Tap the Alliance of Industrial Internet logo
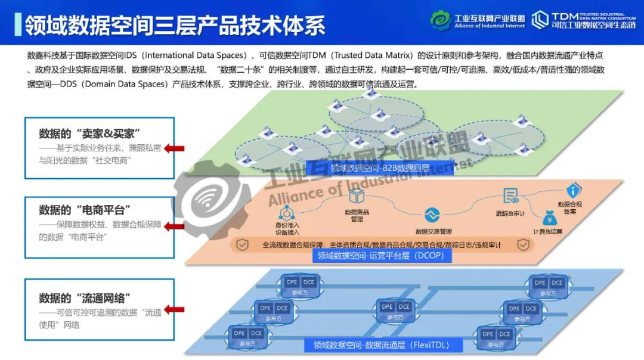click(x=478, y=21)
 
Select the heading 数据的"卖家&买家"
click(x=93, y=133)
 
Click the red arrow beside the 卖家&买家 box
click(x=175, y=148)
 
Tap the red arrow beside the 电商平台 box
click(x=175, y=226)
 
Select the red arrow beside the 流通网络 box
click(x=175, y=309)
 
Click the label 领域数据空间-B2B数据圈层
click(x=367, y=167)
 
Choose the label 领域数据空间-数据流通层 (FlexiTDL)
click(x=382, y=345)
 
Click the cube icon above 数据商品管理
click(x=357, y=196)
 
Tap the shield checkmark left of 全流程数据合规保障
click(x=243, y=244)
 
